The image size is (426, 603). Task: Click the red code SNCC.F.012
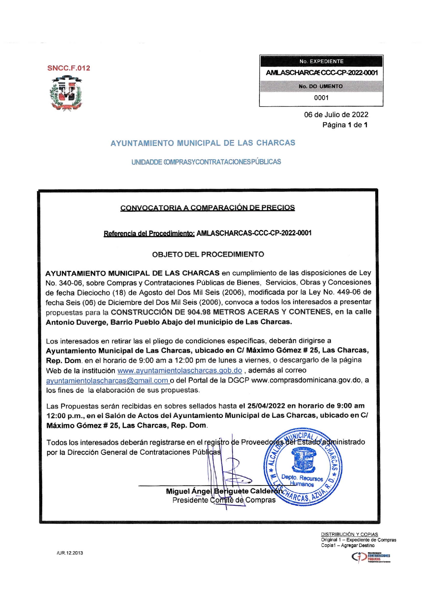[69, 68]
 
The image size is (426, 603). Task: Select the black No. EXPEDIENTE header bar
[321, 61]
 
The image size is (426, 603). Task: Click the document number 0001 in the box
[321, 98]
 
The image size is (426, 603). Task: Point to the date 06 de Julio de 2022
[336, 114]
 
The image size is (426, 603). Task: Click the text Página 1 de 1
[345, 125]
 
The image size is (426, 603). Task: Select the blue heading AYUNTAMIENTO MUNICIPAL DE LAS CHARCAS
[203, 143]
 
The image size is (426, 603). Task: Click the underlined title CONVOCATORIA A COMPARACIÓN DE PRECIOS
[208, 208]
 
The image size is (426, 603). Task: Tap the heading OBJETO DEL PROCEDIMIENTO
[208, 254]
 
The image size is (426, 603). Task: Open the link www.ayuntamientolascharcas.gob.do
[180, 370]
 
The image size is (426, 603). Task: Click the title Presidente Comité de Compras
[224, 500]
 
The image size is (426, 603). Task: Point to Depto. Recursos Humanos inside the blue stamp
[302, 481]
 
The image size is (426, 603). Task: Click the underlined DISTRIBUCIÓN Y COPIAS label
[349, 534]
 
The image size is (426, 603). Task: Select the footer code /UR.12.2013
[70, 553]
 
